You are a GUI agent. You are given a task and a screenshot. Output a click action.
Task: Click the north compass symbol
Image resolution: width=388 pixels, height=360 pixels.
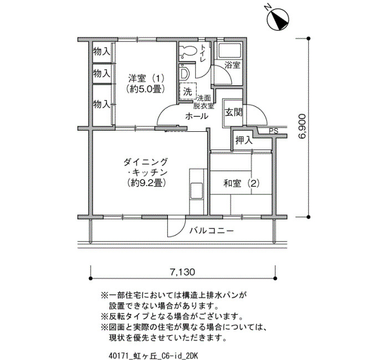[278, 20]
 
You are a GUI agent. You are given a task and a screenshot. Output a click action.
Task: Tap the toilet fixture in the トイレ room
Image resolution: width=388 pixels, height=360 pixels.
[188, 52]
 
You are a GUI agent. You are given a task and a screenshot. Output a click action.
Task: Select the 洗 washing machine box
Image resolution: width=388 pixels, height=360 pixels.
[188, 91]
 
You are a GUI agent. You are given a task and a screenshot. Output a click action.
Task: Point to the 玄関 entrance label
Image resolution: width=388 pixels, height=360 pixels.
[233, 112]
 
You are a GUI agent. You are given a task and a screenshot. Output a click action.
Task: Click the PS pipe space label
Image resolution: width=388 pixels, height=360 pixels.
[274, 131]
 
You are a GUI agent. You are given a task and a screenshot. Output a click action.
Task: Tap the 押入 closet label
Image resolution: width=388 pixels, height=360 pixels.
[244, 141]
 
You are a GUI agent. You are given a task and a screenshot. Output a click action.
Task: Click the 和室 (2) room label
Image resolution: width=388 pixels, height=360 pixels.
[241, 183]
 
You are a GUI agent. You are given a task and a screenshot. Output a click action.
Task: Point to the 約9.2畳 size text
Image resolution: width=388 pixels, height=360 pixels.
[145, 183]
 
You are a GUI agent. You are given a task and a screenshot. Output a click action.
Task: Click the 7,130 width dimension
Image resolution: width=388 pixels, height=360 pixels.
[182, 272]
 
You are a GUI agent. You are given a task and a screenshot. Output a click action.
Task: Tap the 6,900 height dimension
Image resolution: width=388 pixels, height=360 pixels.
[303, 126]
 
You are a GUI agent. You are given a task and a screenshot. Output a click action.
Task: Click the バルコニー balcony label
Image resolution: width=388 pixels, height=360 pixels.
[212, 231]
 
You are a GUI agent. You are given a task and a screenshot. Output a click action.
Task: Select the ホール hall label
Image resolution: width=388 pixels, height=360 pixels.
[197, 116]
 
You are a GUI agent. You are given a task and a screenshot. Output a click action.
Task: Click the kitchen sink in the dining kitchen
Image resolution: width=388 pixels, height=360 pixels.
[197, 191]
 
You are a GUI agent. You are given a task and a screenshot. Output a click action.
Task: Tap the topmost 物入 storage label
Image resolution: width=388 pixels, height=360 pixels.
[101, 52]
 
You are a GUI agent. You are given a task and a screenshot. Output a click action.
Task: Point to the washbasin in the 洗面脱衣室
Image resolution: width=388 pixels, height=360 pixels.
[184, 73]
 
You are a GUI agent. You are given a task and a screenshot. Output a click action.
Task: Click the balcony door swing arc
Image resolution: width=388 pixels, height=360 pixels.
[176, 227]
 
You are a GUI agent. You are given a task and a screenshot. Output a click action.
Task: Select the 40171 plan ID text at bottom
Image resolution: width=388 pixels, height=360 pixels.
[153, 356]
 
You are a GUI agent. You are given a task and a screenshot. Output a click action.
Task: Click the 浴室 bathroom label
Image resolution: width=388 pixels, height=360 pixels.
[233, 65]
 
